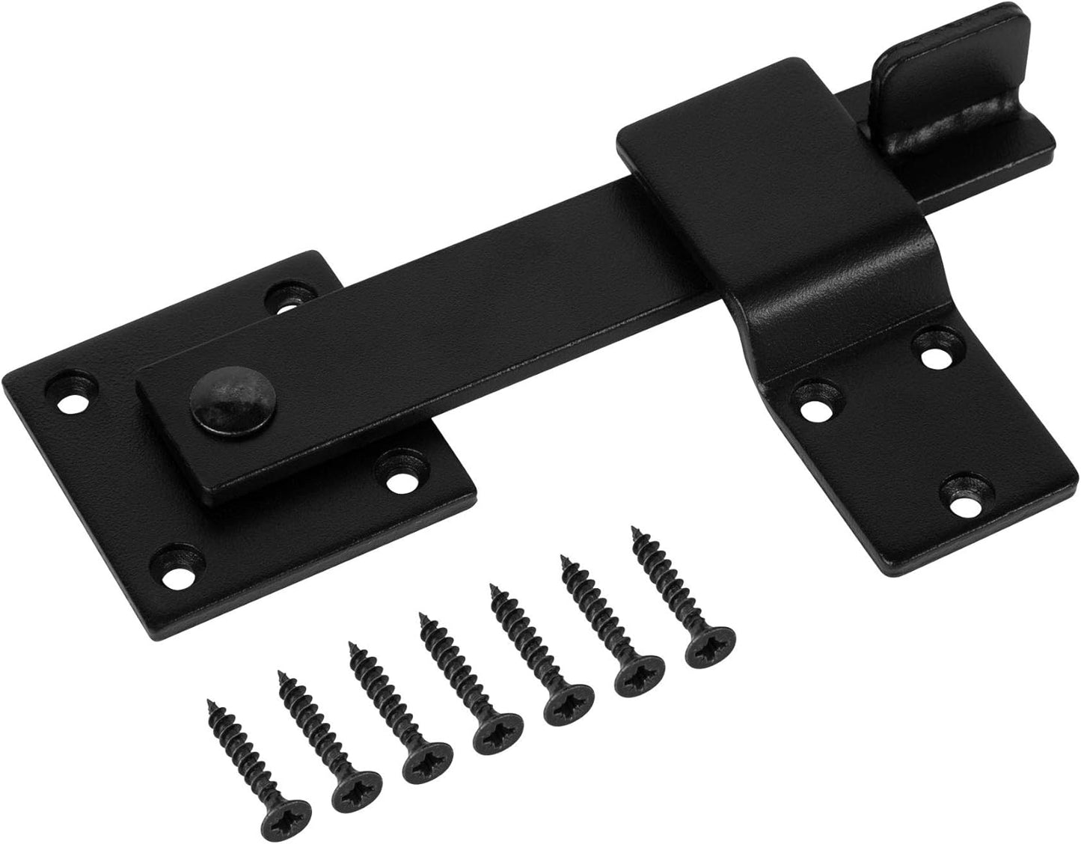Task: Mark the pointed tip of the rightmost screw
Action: pos(634,529)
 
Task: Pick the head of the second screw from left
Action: pos(353,787)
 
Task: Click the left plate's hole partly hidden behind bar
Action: pos(290,296)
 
